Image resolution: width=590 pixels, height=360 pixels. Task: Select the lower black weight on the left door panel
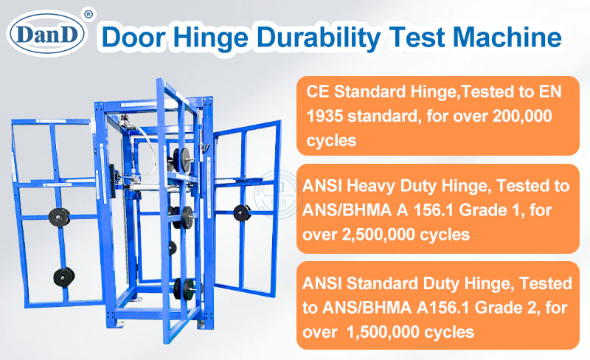coord(64,277)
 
